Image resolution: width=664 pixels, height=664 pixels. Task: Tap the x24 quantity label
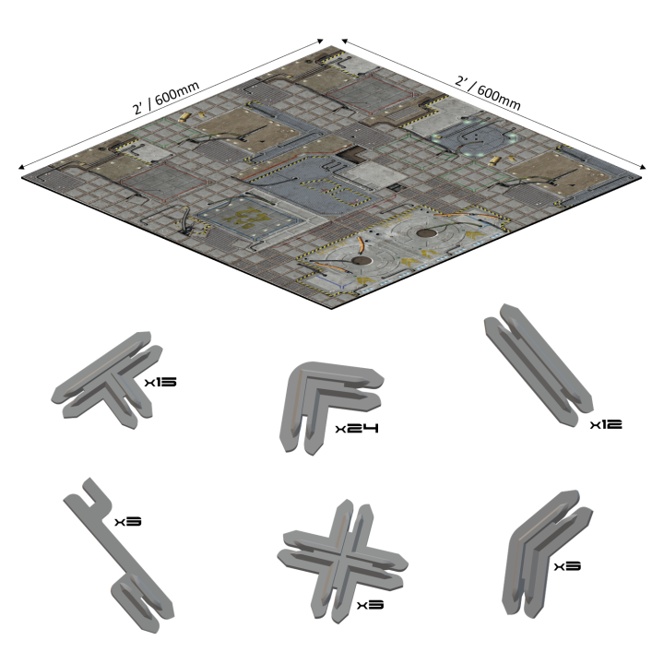click(358, 429)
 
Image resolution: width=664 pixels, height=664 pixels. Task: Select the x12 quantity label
click(607, 424)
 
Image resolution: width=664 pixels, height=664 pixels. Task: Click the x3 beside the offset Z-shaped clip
click(127, 522)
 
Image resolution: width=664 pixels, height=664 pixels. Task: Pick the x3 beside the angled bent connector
click(566, 565)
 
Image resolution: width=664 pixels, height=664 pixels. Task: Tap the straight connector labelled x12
click(535, 369)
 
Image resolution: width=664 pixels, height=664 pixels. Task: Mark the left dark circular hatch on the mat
click(361, 264)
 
